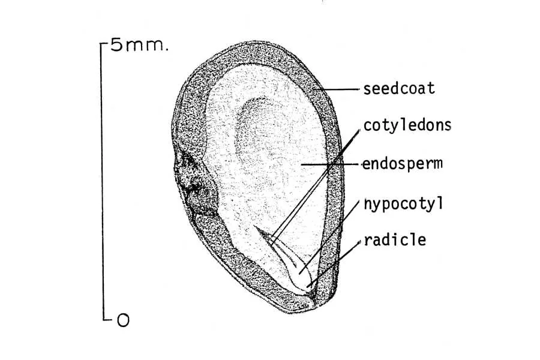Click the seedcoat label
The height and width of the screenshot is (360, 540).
click(x=399, y=89)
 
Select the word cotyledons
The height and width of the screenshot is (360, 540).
click(x=407, y=125)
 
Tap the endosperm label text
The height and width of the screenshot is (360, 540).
click(x=402, y=164)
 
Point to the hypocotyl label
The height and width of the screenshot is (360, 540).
click(x=403, y=204)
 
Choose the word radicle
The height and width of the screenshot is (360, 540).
click(x=395, y=240)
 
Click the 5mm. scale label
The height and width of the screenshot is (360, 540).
click(x=139, y=45)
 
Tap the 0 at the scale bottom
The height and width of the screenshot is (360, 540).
click(x=123, y=320)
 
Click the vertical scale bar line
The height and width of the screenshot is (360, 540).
click(x=102, y=181)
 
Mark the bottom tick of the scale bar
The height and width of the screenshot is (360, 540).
click(x=107, y=319)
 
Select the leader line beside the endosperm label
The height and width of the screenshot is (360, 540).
click(x=331, y=164)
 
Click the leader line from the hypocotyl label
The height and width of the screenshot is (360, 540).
click(x=329, y=237)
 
